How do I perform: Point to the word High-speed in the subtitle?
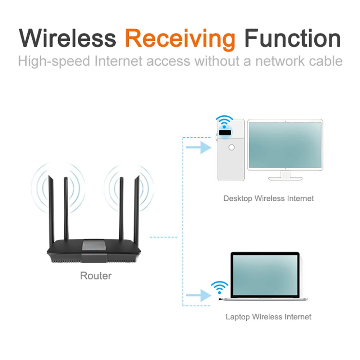point(54,61)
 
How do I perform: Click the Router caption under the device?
point(96,276)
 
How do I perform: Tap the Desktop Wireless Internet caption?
point(269,198)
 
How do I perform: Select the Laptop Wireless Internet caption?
point(269,317)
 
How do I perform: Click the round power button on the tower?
point(232,147)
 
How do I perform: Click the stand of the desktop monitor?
point(285,175)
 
